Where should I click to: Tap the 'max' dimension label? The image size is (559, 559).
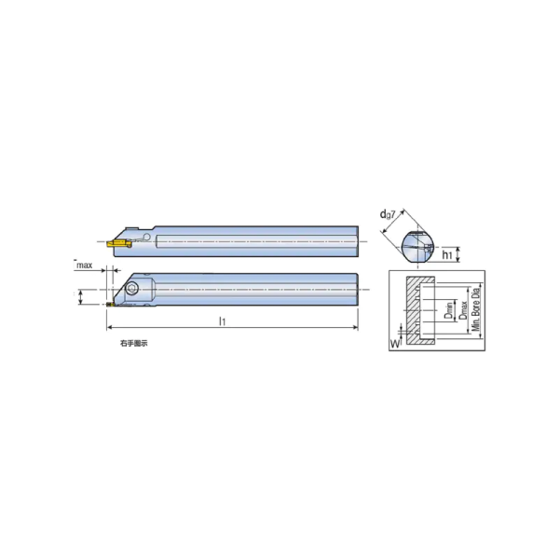[x=84, y=266]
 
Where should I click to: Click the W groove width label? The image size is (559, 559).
[x=394, y=342]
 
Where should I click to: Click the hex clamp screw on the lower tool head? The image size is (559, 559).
[x=132, y=290]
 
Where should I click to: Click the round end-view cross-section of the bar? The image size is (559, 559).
[x=416, y=249]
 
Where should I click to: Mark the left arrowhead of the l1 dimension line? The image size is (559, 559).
[x=109, y=328]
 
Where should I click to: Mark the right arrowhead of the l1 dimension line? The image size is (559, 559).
[x=356, y=328]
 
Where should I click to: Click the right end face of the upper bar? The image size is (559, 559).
[x=357, y=239]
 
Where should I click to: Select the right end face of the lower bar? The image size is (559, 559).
[x=357, y=289]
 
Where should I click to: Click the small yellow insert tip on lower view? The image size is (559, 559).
[x=108, y=304]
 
